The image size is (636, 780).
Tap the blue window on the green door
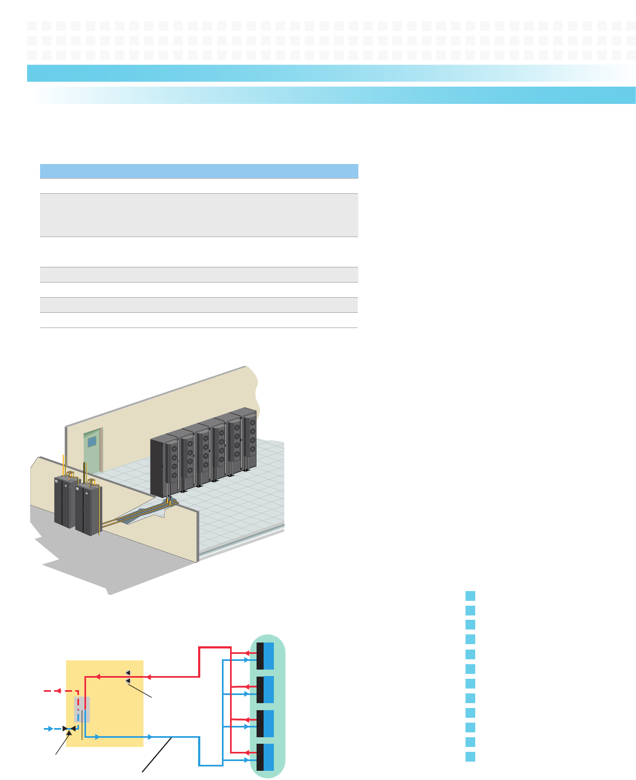pyautogui.click(x=92, y=442)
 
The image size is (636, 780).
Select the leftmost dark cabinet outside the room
pyautogui.click(x=65, y=501)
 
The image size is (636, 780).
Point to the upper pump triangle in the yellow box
pyautogui.click(x=128, y=672)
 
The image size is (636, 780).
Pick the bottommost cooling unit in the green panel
pyautogui.click(x=265, y=757)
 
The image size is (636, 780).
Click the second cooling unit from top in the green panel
pyautogui.click(x=265, y=690)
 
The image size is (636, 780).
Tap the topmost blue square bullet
pyautogui.click(x=470, y=596)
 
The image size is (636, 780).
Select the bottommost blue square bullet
pyautogui.click(x=470, y=757)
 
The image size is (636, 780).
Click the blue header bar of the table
pyautogui.click(x=199, y=171)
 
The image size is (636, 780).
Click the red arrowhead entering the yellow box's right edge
pyautogui.click(x=148, y=677)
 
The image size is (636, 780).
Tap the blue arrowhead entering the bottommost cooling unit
pyautogui.click(x=246, y=761)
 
